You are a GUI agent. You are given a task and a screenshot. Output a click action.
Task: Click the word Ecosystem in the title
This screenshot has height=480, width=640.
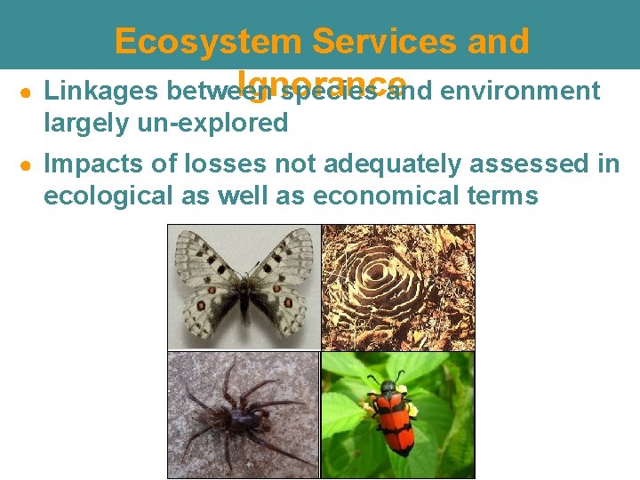[209, 42]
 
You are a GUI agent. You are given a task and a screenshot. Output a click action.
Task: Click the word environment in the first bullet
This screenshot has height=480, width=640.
[520, 91]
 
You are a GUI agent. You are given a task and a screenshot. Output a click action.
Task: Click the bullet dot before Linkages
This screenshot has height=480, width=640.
[28, 92]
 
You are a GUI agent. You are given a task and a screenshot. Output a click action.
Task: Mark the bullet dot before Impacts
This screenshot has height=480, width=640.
[28, 164]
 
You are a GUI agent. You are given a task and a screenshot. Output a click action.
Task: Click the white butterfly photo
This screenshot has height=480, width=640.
[244, 287]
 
